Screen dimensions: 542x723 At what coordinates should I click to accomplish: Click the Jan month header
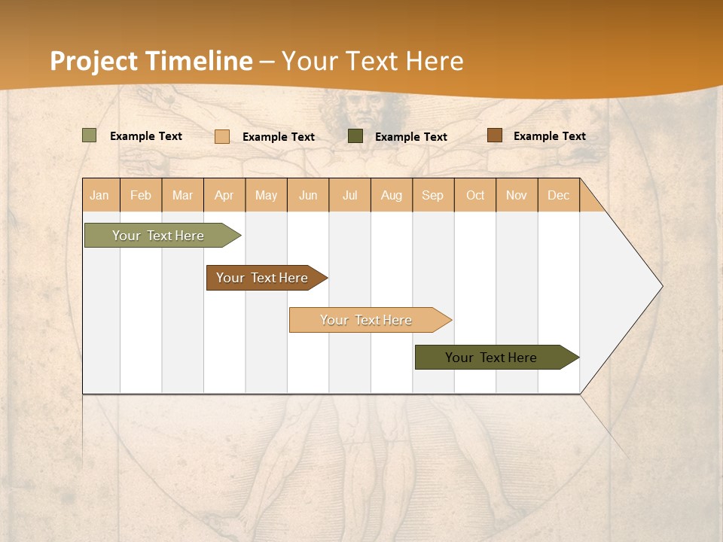click(x=99, y=195)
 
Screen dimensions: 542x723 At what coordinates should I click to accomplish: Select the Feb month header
click(x=141, y=195)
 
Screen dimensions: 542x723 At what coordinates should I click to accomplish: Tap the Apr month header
click(x=224, y=195)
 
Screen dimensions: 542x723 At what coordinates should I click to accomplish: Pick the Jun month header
click(x=308, y=195)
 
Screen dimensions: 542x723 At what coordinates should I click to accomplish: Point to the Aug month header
click(x=392, y=195)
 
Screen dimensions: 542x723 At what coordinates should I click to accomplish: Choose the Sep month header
click(x=433, y=195)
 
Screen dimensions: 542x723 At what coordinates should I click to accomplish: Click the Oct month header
click(x=475, y=195)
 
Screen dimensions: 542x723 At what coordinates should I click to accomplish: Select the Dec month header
click(x=559, y=195)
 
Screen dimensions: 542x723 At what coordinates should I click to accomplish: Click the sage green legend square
click(x=90, y=135)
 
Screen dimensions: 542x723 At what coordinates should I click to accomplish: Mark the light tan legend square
click(x=222, y=136)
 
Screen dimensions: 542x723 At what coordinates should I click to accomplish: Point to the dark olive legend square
click(x=355, y=136)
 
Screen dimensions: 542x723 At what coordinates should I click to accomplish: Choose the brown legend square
click(x=494, y=135)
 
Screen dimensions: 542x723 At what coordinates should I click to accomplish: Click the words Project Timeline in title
click(x=151, y=61)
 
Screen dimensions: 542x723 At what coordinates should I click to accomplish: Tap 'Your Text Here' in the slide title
click(x=372, y=61)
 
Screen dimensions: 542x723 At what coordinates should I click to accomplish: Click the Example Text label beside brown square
click(x=549, y=136)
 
